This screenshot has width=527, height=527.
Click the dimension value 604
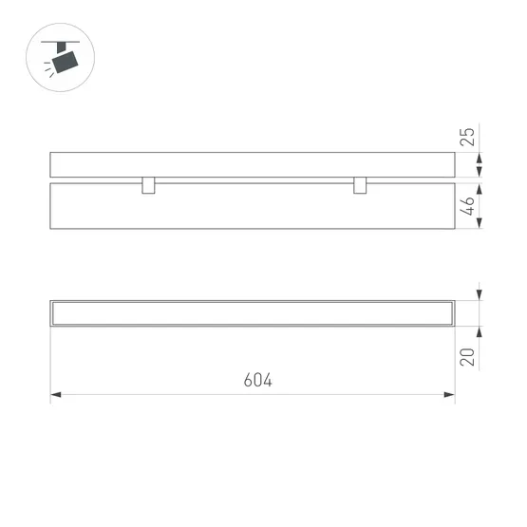257,381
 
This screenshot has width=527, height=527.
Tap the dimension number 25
466,135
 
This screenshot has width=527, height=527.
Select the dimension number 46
467,206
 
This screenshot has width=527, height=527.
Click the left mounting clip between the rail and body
148,185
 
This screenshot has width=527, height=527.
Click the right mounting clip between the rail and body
360,185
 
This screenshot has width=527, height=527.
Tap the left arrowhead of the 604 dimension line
56,393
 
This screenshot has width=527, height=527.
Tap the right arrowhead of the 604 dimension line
449,393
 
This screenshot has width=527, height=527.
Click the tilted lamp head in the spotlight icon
66,62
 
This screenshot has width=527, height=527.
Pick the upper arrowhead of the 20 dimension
480,295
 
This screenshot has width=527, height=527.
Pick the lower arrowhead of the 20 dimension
480,331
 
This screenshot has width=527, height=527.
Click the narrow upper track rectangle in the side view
253,164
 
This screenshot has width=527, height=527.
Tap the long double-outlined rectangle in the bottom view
253,312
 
